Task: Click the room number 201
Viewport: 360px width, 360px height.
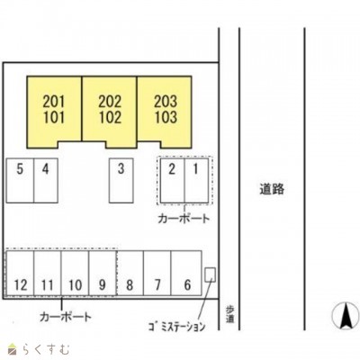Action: pyautogui.click(x=54, y=102)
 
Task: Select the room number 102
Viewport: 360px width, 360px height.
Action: pyautogui.click(x=110, y=117)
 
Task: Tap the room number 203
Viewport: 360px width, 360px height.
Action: pyautogui.click(x=166, y=102)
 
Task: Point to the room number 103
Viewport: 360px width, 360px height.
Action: pyautogui.click(x=166, y=117)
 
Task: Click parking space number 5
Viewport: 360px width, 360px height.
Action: pyautogui.click(x=20, y=169)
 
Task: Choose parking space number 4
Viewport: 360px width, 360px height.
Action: pyautogui.click(x=45, y=169)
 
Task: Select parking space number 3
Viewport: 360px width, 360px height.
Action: pyautogui.click(x=121, y=168)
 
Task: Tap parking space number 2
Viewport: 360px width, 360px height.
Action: pyautogui.click(x=172, y=169)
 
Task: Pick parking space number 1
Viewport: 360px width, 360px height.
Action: pyautogui.click(x=195, y=169)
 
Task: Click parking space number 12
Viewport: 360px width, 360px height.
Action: pyautogui.click(x=21, y=284)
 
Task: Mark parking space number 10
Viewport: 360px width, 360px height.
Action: pyautogui.click(x=75, y=284)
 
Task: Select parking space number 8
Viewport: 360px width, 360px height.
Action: pyautogui.click(x=130, y=284)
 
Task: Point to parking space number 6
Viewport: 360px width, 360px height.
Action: pyautogui.click(x=187, y=284)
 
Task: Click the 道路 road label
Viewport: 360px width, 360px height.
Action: pyautogui.click(x=272, y=189)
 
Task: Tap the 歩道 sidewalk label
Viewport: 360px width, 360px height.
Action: pyautogui.click(x=229, y=315)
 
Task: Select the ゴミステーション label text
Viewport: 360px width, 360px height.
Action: pyautogui.click(x=176, y=327)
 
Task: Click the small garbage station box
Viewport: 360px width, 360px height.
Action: pyautogui.click(x=210, y=274)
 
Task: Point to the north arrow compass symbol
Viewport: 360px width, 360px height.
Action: pyautogui.click(x=346, y=316)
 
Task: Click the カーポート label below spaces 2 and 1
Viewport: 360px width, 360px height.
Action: pyautogui.click(x=184, y=219)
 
